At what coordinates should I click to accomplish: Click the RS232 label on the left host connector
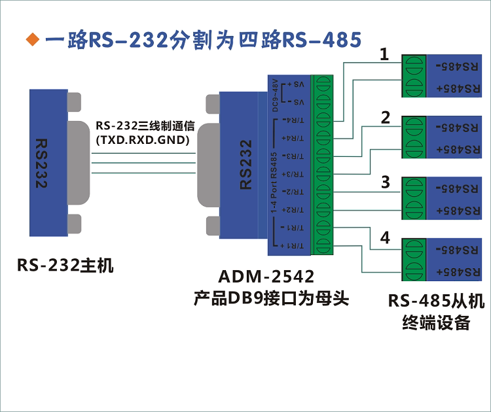click(x=41, y=163)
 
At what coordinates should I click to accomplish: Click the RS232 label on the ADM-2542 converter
click(x=246, y=164)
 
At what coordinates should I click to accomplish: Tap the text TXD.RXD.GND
click(x=142, y=140)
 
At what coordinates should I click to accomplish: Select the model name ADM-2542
click(x=267, y=277)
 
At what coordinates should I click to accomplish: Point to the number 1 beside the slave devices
click(x=385, y=55)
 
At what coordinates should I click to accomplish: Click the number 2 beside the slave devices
click(x=386, y=118)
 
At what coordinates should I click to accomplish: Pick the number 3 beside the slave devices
click(x=386, y=181)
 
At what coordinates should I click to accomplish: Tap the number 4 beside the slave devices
click(x=385, y=238)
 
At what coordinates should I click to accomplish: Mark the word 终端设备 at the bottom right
click(x=436, y=322)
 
